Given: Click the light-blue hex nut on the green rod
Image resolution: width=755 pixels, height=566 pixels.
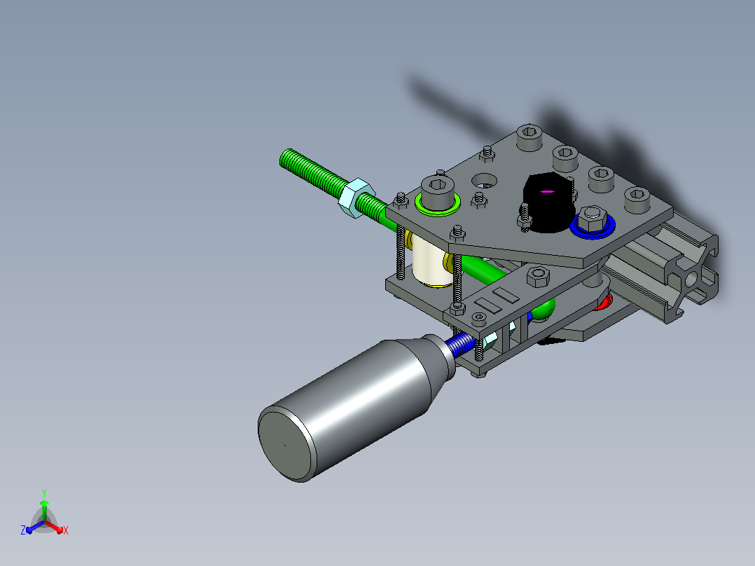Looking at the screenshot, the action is [x=356, y=198].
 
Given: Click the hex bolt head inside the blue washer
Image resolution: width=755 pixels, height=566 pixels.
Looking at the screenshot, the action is [x=593, y=219].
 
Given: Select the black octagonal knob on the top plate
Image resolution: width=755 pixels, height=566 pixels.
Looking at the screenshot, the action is [x=548, y=202].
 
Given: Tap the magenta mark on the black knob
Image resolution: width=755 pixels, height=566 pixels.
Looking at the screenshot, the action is [x=546, y=191].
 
